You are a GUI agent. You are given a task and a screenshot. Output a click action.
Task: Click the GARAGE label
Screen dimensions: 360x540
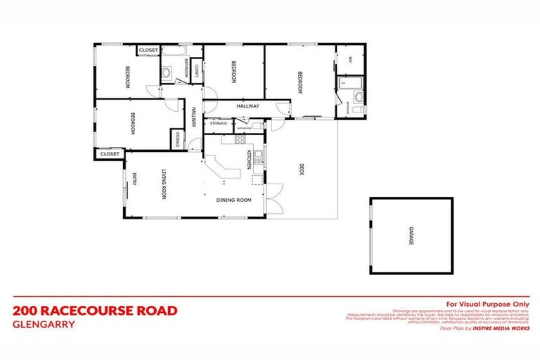(x=412, y=236)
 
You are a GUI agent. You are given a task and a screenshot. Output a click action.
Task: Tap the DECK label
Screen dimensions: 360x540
(x=301, y=169)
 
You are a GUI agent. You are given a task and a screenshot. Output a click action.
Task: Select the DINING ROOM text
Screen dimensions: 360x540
(x=233, y=200)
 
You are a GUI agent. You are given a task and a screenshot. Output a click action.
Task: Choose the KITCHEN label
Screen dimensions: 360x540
(x=248, y=160)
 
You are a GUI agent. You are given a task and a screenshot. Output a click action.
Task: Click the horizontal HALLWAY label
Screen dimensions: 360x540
(x=248, y=106)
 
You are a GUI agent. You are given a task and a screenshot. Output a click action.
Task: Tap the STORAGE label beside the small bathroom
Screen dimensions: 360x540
(x=218, y=124)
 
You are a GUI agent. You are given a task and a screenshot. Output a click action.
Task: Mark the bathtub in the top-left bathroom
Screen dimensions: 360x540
(x=172, y=53)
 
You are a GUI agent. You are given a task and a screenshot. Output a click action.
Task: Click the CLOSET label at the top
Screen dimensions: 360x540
(x=148, y=51)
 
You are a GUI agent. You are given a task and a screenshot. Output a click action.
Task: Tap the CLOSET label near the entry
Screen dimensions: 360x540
(x=109, y=153)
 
